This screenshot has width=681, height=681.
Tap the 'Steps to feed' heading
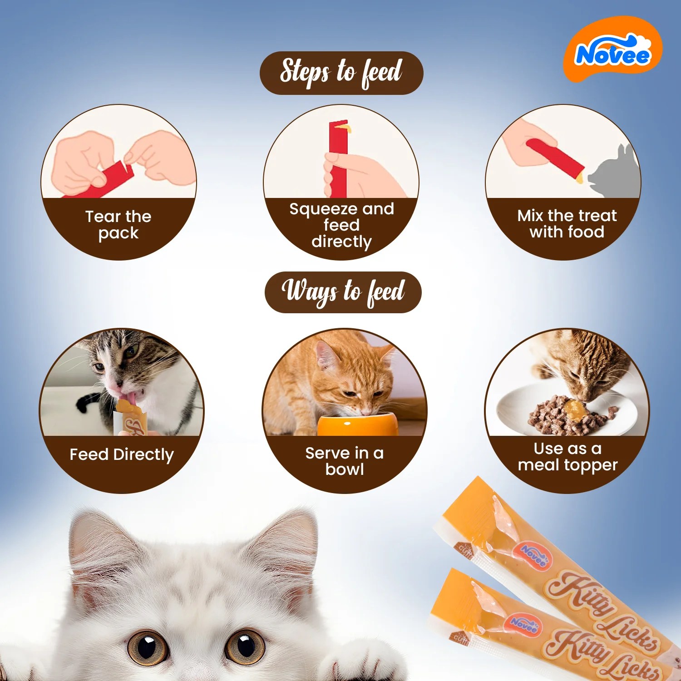[x=341, y=73]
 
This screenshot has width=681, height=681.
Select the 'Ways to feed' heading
[x=343, y=292]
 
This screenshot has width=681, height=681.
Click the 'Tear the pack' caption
[x=118, y=224]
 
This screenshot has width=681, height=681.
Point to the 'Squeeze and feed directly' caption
[x=341, y=225]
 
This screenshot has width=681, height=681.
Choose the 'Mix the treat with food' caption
[x=567, y=223]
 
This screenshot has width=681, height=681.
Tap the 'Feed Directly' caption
[x=122, y=454]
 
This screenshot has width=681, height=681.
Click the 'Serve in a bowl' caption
[x=345, y=461]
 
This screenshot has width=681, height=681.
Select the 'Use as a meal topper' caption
[x=567, y=457]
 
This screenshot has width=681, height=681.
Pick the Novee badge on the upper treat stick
[x=533, y=555]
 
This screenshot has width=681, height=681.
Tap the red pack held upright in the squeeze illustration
[x=338, y=158]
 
